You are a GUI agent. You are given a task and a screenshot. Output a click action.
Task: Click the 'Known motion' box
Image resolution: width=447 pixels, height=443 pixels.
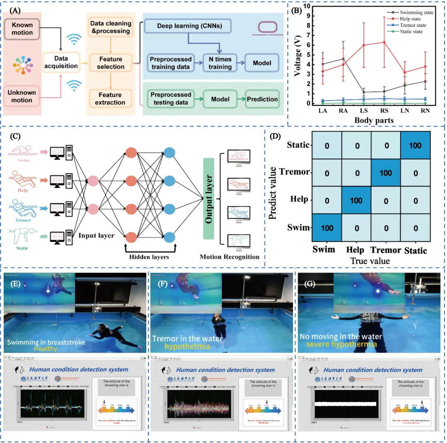coord(22,29)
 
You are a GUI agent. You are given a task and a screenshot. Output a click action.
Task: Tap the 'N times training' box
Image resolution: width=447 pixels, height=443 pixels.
coord(220,63)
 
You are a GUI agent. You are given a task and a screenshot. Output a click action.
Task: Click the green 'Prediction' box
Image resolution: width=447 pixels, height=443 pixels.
coord(262,99)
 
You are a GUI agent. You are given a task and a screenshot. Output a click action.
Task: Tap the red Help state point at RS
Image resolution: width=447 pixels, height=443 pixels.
coord(385,42)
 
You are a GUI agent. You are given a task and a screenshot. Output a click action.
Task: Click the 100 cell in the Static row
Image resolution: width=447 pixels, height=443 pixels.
coord(416,146)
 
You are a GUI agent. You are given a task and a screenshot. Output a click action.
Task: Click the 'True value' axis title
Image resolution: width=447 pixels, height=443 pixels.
coord(370,260)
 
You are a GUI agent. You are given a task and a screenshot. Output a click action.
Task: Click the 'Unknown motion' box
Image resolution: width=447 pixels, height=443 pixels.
coord(22,96)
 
